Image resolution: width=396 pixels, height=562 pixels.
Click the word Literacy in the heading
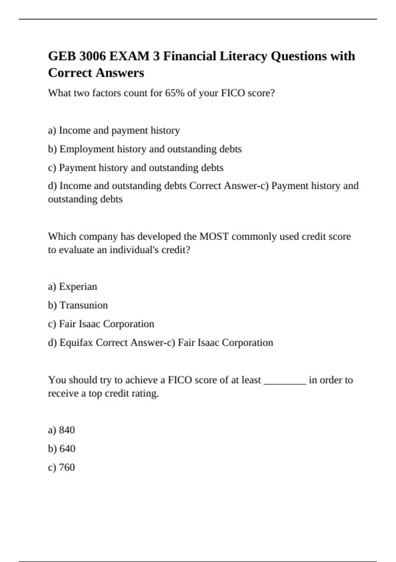243,56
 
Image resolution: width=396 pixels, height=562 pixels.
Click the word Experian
78,287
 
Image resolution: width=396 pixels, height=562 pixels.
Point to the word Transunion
83,305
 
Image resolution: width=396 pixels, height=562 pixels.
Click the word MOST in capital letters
214,236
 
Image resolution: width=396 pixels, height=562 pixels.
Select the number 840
67,430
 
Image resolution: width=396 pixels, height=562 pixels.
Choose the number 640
67,449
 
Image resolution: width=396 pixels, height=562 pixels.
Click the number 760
67,467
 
